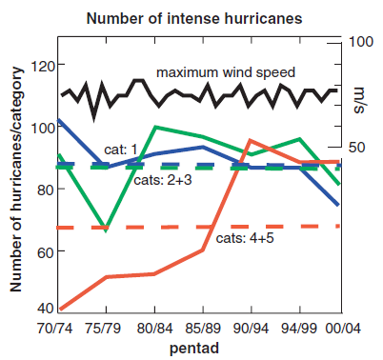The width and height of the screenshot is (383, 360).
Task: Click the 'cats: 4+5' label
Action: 245,238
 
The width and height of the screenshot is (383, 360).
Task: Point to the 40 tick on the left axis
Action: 43,309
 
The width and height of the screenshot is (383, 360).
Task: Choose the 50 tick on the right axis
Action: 356,148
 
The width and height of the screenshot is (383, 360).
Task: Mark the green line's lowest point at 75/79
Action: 106,230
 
